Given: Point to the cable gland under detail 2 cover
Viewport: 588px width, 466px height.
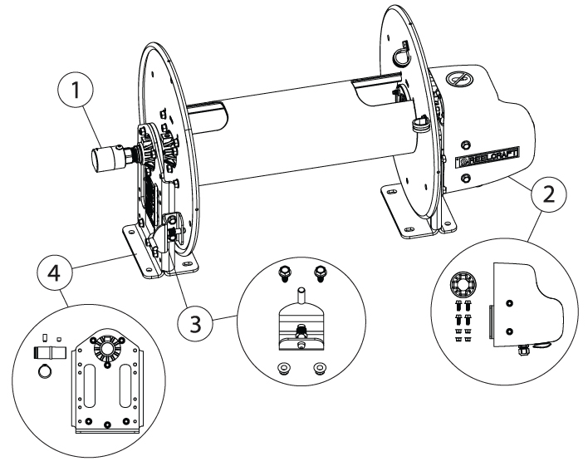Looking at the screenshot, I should click(x=525, y=354).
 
